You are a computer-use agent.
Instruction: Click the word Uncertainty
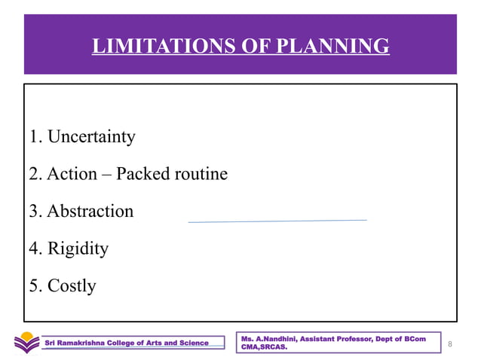[91, 137]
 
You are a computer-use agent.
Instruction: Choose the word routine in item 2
[201, 174]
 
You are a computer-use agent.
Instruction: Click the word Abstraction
[90, 211]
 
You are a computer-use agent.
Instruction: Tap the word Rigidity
[78, 248]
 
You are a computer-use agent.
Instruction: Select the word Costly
[72, 285]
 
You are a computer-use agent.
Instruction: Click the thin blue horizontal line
[277, 221]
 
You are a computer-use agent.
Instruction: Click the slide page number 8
[449, 344]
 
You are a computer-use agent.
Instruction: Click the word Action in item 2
[72, 174]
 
